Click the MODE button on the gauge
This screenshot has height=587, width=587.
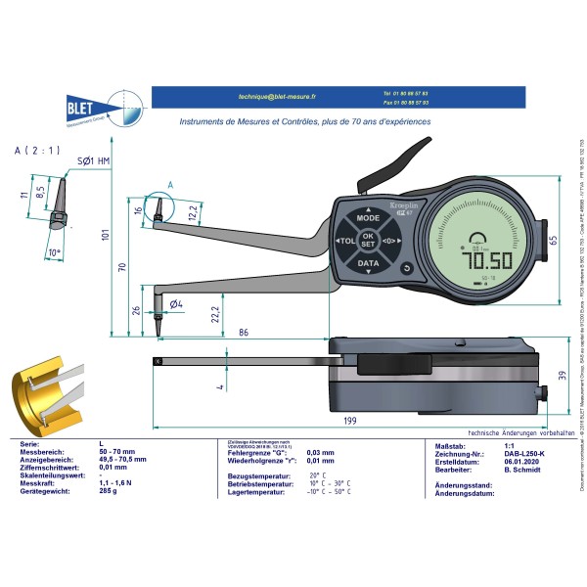[x=368, y=220]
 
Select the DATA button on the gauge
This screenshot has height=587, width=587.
[x=368, y=263]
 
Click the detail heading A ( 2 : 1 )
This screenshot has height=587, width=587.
[x=37, y=151]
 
